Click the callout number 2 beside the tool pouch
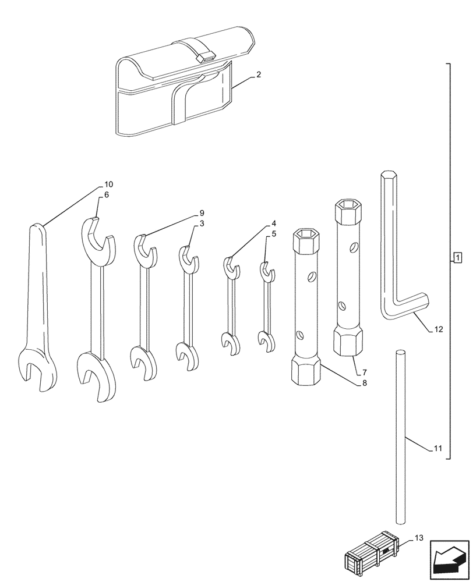coord(258,74)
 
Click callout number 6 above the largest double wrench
coord(106,194)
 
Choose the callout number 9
coord(202,213)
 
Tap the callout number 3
coord(202,223)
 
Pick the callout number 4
coord(273,223)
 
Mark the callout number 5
coord(273,233)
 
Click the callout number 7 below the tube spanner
coord(363,371)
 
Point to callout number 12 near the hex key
coord(438,329)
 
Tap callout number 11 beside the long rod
coord(438,449)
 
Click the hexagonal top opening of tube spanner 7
coord(349,205)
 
